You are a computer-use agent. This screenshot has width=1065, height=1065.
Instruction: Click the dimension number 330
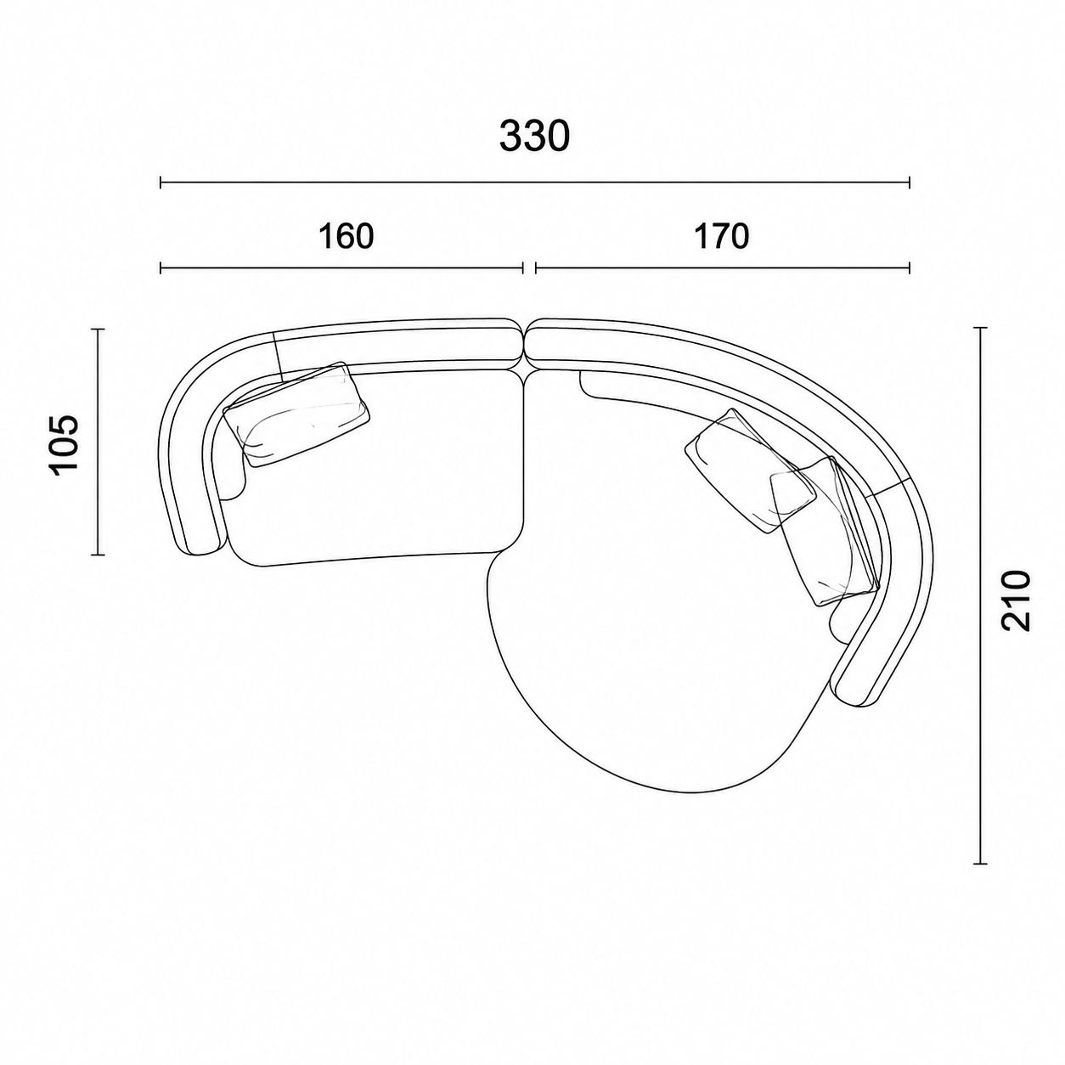tap(534, 137)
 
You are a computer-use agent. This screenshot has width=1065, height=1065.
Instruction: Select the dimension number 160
tap(347, 237)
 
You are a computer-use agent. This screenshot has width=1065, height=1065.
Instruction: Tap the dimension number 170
tap(721, 237)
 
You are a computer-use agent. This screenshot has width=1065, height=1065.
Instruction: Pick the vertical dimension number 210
tap(1016, 600)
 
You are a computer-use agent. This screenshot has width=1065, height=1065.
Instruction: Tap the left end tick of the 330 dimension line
tap(161, 183)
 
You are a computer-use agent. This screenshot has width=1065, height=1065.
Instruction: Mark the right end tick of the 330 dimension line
tap(909, 183)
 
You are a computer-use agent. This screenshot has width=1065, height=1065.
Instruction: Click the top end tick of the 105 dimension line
tap(98, 330)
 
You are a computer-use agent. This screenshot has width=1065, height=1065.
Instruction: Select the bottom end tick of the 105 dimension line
tap(98, 554)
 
